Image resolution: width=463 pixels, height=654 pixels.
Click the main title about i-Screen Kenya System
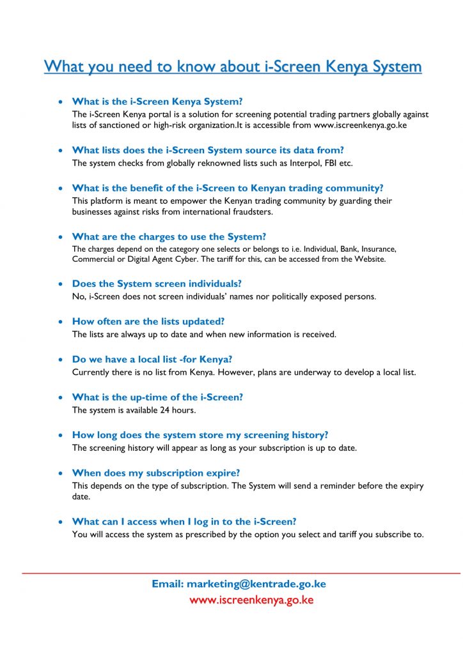pos(233,66)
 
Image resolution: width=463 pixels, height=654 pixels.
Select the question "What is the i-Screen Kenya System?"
pos(157,102)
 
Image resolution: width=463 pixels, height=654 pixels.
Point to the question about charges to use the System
pos(169,236)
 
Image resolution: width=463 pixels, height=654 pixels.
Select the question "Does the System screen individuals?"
pos(157,284)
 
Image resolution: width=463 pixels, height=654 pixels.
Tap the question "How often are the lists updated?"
pos(148,321)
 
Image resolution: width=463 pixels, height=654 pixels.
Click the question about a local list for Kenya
pos(157,359)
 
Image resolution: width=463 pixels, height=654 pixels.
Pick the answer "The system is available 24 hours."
pos(134,409)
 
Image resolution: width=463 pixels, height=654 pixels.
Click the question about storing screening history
pos(200,435)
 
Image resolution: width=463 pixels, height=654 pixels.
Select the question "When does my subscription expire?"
pos(156,473)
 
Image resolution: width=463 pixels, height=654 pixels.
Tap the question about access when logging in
pos(184,522)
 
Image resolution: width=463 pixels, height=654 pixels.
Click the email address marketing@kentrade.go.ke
pos(256,584)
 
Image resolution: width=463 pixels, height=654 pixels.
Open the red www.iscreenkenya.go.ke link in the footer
pos(251,600)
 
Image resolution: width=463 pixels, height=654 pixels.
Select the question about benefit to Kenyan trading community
pos(228,188)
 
